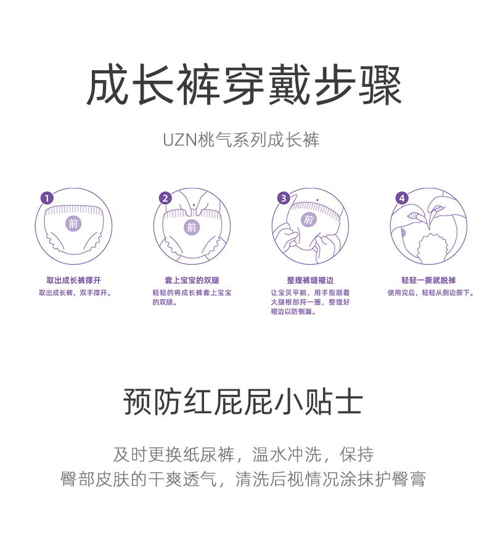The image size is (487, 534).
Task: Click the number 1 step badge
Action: [x=47, y=198]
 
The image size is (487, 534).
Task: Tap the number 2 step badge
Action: [x=165, y=198]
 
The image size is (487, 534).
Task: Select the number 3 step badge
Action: [x=284, y=198]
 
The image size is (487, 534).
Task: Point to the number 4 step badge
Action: [x=402, y=198]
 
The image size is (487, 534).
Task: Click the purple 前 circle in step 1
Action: [x=73, y=224]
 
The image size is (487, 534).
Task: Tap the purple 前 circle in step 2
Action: [x=192, y=227]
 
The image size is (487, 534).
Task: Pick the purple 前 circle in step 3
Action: [x=308, y=219]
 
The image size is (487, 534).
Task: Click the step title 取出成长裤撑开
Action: [x=73, y=280]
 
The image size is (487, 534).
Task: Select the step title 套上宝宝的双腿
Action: [x=192, y=280]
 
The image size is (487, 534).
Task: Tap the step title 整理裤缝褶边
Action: [x=310, y=280]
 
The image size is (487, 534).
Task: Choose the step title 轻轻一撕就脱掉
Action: [x=428, y=280]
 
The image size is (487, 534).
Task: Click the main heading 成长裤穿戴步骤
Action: [x=243, y=86]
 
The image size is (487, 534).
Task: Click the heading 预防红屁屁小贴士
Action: [x=243, y=402]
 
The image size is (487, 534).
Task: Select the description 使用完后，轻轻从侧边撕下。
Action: [x=431, y=293]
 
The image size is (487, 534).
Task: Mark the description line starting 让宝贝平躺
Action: [x=310, y=293]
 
